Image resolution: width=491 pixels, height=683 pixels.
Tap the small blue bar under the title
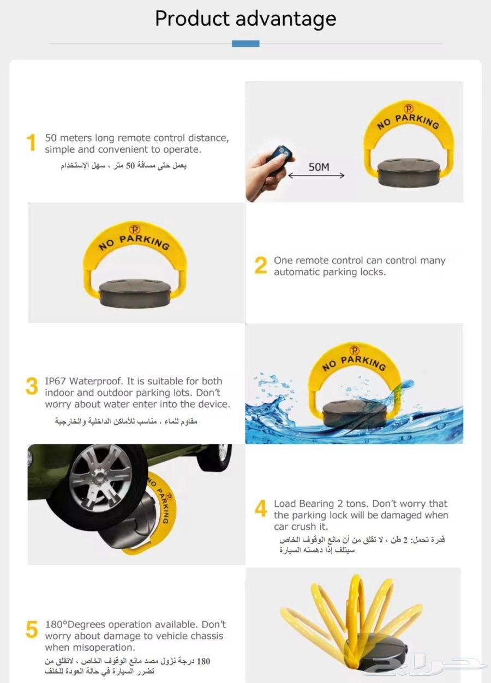tap(245, 44)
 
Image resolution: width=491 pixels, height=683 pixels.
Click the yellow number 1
tap(31, 143)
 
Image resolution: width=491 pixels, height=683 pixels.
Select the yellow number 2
tap(261, 265)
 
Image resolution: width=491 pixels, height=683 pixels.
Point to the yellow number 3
tap(32, 386)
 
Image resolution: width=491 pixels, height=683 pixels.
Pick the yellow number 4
tap(261, 509)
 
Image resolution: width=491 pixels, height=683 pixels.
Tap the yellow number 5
tap(32, 630)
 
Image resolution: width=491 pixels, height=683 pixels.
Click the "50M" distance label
tap(319, 167)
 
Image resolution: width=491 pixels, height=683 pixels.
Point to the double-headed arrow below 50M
tap(316, 176)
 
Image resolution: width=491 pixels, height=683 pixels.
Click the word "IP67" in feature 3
tap(56, 381)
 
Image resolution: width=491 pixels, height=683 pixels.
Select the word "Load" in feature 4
tap(285, 504)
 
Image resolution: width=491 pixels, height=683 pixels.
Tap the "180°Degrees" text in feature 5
tap(75, 625)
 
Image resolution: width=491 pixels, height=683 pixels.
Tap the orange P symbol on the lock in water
tap(355, 350)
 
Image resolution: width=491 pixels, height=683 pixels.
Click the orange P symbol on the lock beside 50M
tap(409, 109)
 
